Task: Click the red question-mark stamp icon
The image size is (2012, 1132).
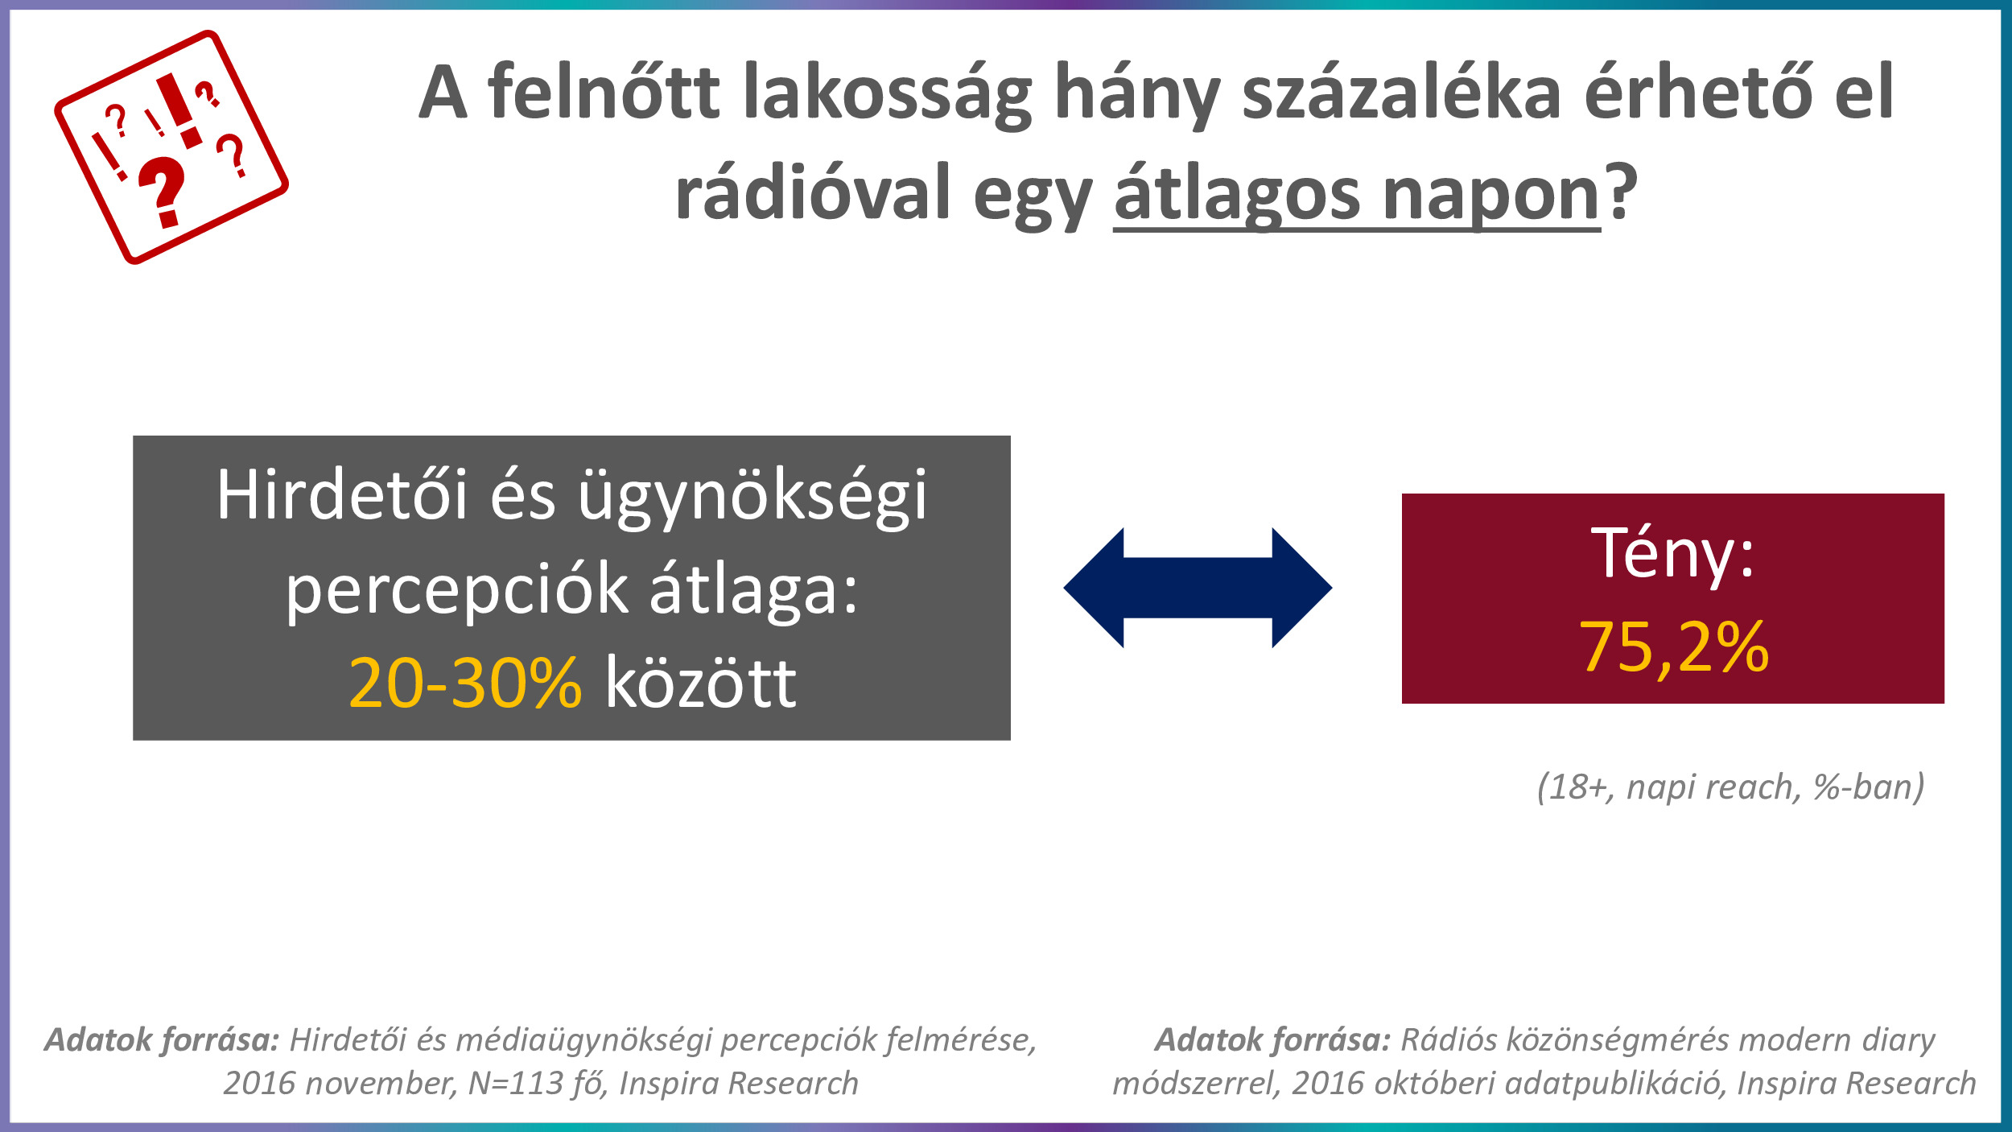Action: pyautogui.click(x=171, y=147)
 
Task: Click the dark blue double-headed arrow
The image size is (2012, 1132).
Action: pyautogui.click(x=1198, y=588)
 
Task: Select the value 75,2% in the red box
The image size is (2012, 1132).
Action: pyautogui.click(x=1674, y=647)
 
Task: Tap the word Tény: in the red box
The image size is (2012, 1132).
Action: pyautogui.click(x=1673, y=553)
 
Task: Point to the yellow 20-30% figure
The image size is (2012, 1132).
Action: pyautogui.click(x=465, y=683)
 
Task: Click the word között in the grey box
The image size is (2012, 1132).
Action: pyautogui.click(x=701, y=683)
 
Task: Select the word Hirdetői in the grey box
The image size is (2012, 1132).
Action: pyautogui.click(x=342, y=495)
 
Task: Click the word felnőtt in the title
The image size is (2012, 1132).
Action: pyautogui.click(x=604, y=92)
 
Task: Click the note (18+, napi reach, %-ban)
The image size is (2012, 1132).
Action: pyautogui.click(x=1731, y=787)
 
